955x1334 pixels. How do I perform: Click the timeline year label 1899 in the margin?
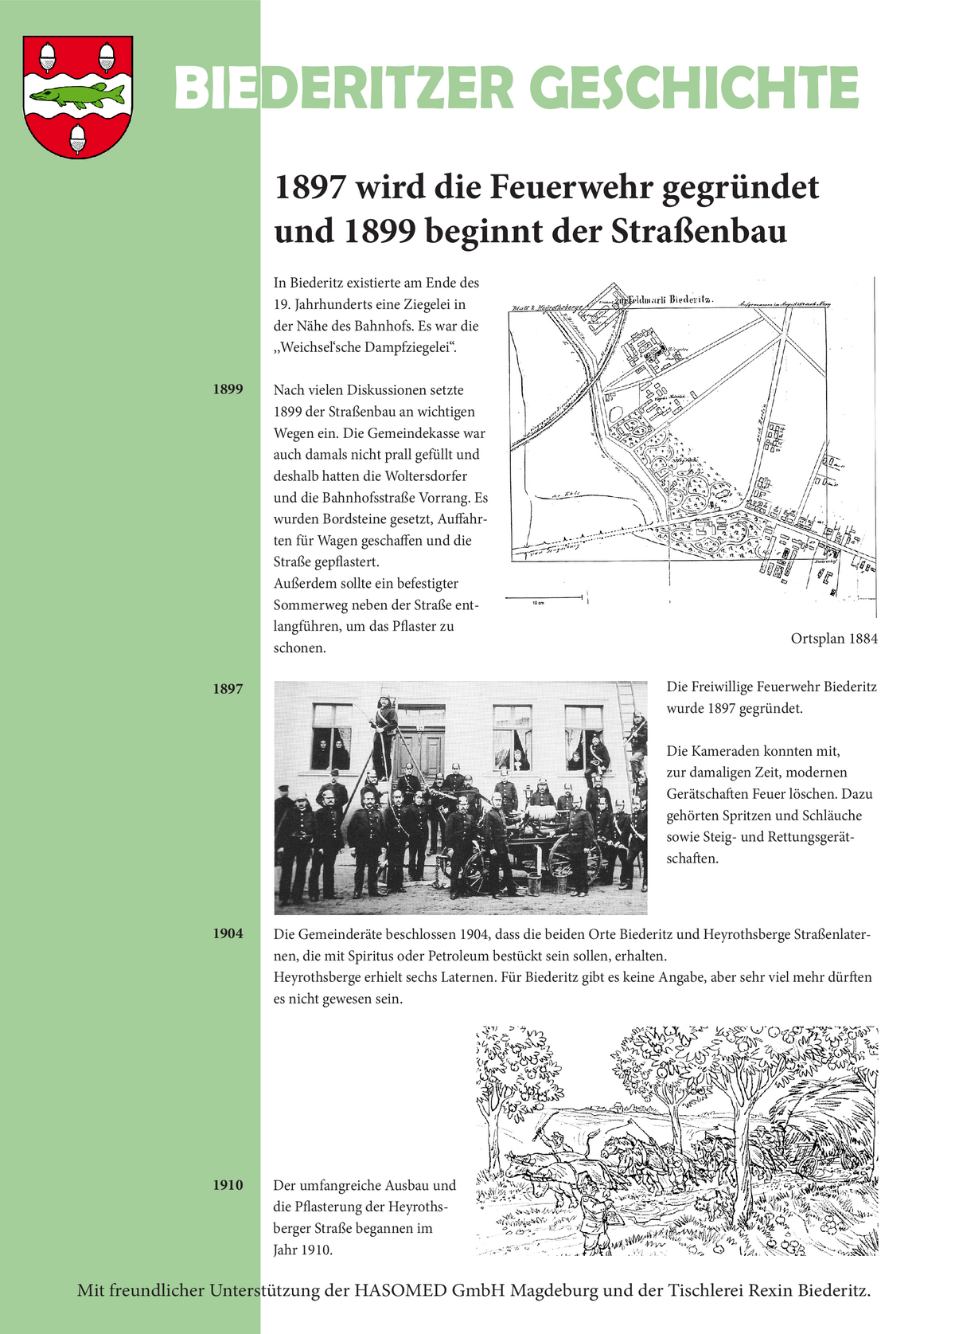[x=228, y=389]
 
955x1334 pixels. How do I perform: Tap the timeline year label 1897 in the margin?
[x=228, y=689]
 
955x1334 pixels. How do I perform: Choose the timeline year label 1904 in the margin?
[x=228, y=933]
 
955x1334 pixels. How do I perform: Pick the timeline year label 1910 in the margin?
[x=228, y=1185]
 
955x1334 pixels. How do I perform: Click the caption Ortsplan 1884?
[x=834, y=639]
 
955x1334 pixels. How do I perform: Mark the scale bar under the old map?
[x=546, y=597]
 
